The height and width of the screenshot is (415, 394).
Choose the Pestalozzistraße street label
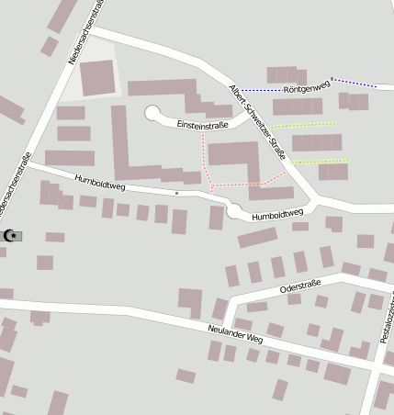click(386, 317)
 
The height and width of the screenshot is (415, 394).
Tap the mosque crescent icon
click(12, 236)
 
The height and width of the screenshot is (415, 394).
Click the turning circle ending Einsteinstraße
click(152, 114)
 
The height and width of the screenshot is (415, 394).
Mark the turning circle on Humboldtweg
click(235, 212)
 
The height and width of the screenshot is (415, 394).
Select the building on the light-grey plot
click(96, 77)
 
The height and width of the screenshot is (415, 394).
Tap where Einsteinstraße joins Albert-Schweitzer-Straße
click(245, 115)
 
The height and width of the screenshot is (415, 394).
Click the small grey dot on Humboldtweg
click(176, 194)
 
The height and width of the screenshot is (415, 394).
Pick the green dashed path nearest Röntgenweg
click(303, 124)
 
